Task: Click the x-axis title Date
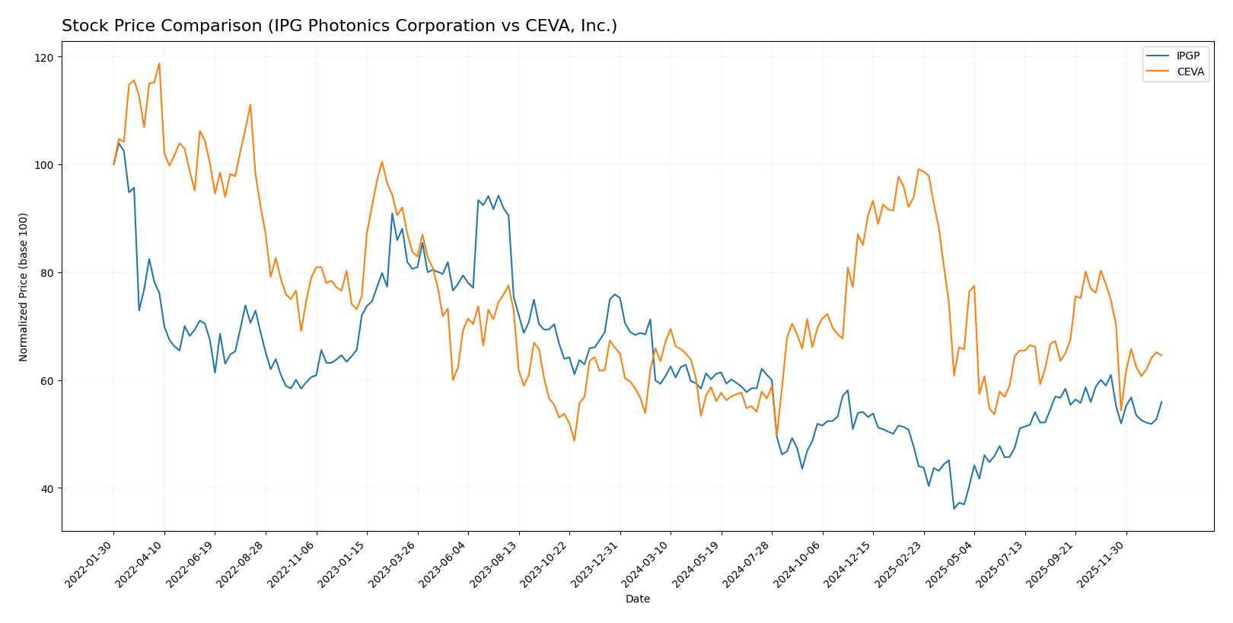click(x=637, y=599)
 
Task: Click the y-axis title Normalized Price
click(x=24, y=287)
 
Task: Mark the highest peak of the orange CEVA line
click(x=159, y=63)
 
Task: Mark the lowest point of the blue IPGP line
click(x=954, y=509)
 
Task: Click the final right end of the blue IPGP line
click(x=1161, y=402)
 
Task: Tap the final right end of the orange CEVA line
click(x=1161, y=356)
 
